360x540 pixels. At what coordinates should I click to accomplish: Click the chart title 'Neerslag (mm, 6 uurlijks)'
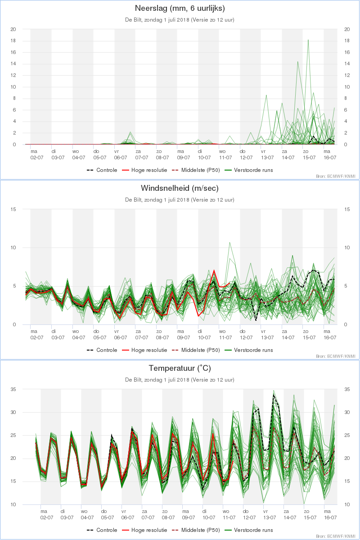(180, 8)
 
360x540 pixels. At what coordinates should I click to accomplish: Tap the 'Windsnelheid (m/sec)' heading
(180, 188)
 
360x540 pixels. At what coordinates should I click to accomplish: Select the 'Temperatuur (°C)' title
(180, 368)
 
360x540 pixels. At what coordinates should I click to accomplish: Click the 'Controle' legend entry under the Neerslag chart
(107, 170)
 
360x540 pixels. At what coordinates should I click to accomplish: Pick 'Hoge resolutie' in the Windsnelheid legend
(149, 350)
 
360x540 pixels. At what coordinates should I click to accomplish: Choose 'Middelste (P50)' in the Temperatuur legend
(200, 530)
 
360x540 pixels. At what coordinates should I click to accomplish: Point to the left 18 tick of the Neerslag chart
(13, 40)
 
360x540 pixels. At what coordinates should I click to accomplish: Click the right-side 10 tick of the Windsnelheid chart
(346, 247)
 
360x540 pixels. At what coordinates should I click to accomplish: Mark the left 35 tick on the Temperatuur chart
(13, 389)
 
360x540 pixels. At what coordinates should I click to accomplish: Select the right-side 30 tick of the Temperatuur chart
(346, 412)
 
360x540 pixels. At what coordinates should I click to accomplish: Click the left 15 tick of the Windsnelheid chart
(13, 209)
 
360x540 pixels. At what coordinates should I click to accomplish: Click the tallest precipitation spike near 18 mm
(308, 40)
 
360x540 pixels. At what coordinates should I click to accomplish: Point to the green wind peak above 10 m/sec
(229, 243)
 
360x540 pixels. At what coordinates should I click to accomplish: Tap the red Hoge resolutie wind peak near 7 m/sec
(214, 270)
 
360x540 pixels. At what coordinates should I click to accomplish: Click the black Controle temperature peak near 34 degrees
(274, 395)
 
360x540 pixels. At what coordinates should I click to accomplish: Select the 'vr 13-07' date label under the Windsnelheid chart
(267, 334)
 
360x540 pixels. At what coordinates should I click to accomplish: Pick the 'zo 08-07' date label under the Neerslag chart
(162, 154)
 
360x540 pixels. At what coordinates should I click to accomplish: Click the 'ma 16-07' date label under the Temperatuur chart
(331, 514)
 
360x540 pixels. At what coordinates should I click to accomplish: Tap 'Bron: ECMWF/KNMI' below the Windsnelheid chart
(335, 356)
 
